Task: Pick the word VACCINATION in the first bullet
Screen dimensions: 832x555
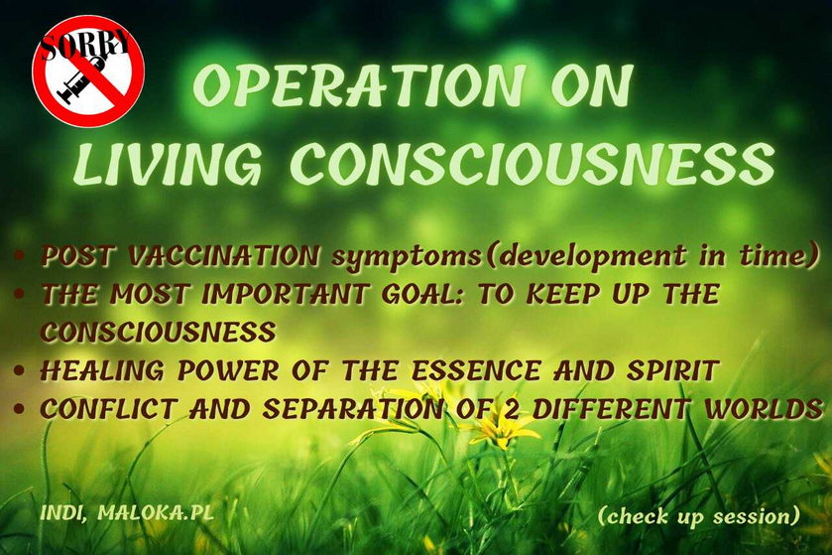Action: pyautogui.click(x=224, y=256)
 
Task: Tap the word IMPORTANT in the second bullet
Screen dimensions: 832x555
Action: pyautogui.click(x=285, y=294)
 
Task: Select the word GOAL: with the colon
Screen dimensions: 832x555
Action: pyautogui.click(x=422, y=294)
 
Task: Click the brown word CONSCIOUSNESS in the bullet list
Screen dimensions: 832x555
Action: pyautogui.click(x=158, y=332)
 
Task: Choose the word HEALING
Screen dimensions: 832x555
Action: pyautogui.click(x=102, y=370)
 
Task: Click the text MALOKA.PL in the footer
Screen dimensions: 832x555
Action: pyautogui.click(x=156, y=512)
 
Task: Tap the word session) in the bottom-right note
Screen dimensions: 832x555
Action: pyautogui.click(x=756, y=516)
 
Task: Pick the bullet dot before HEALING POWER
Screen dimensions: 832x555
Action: pyautogui.click(x=20, y=370)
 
